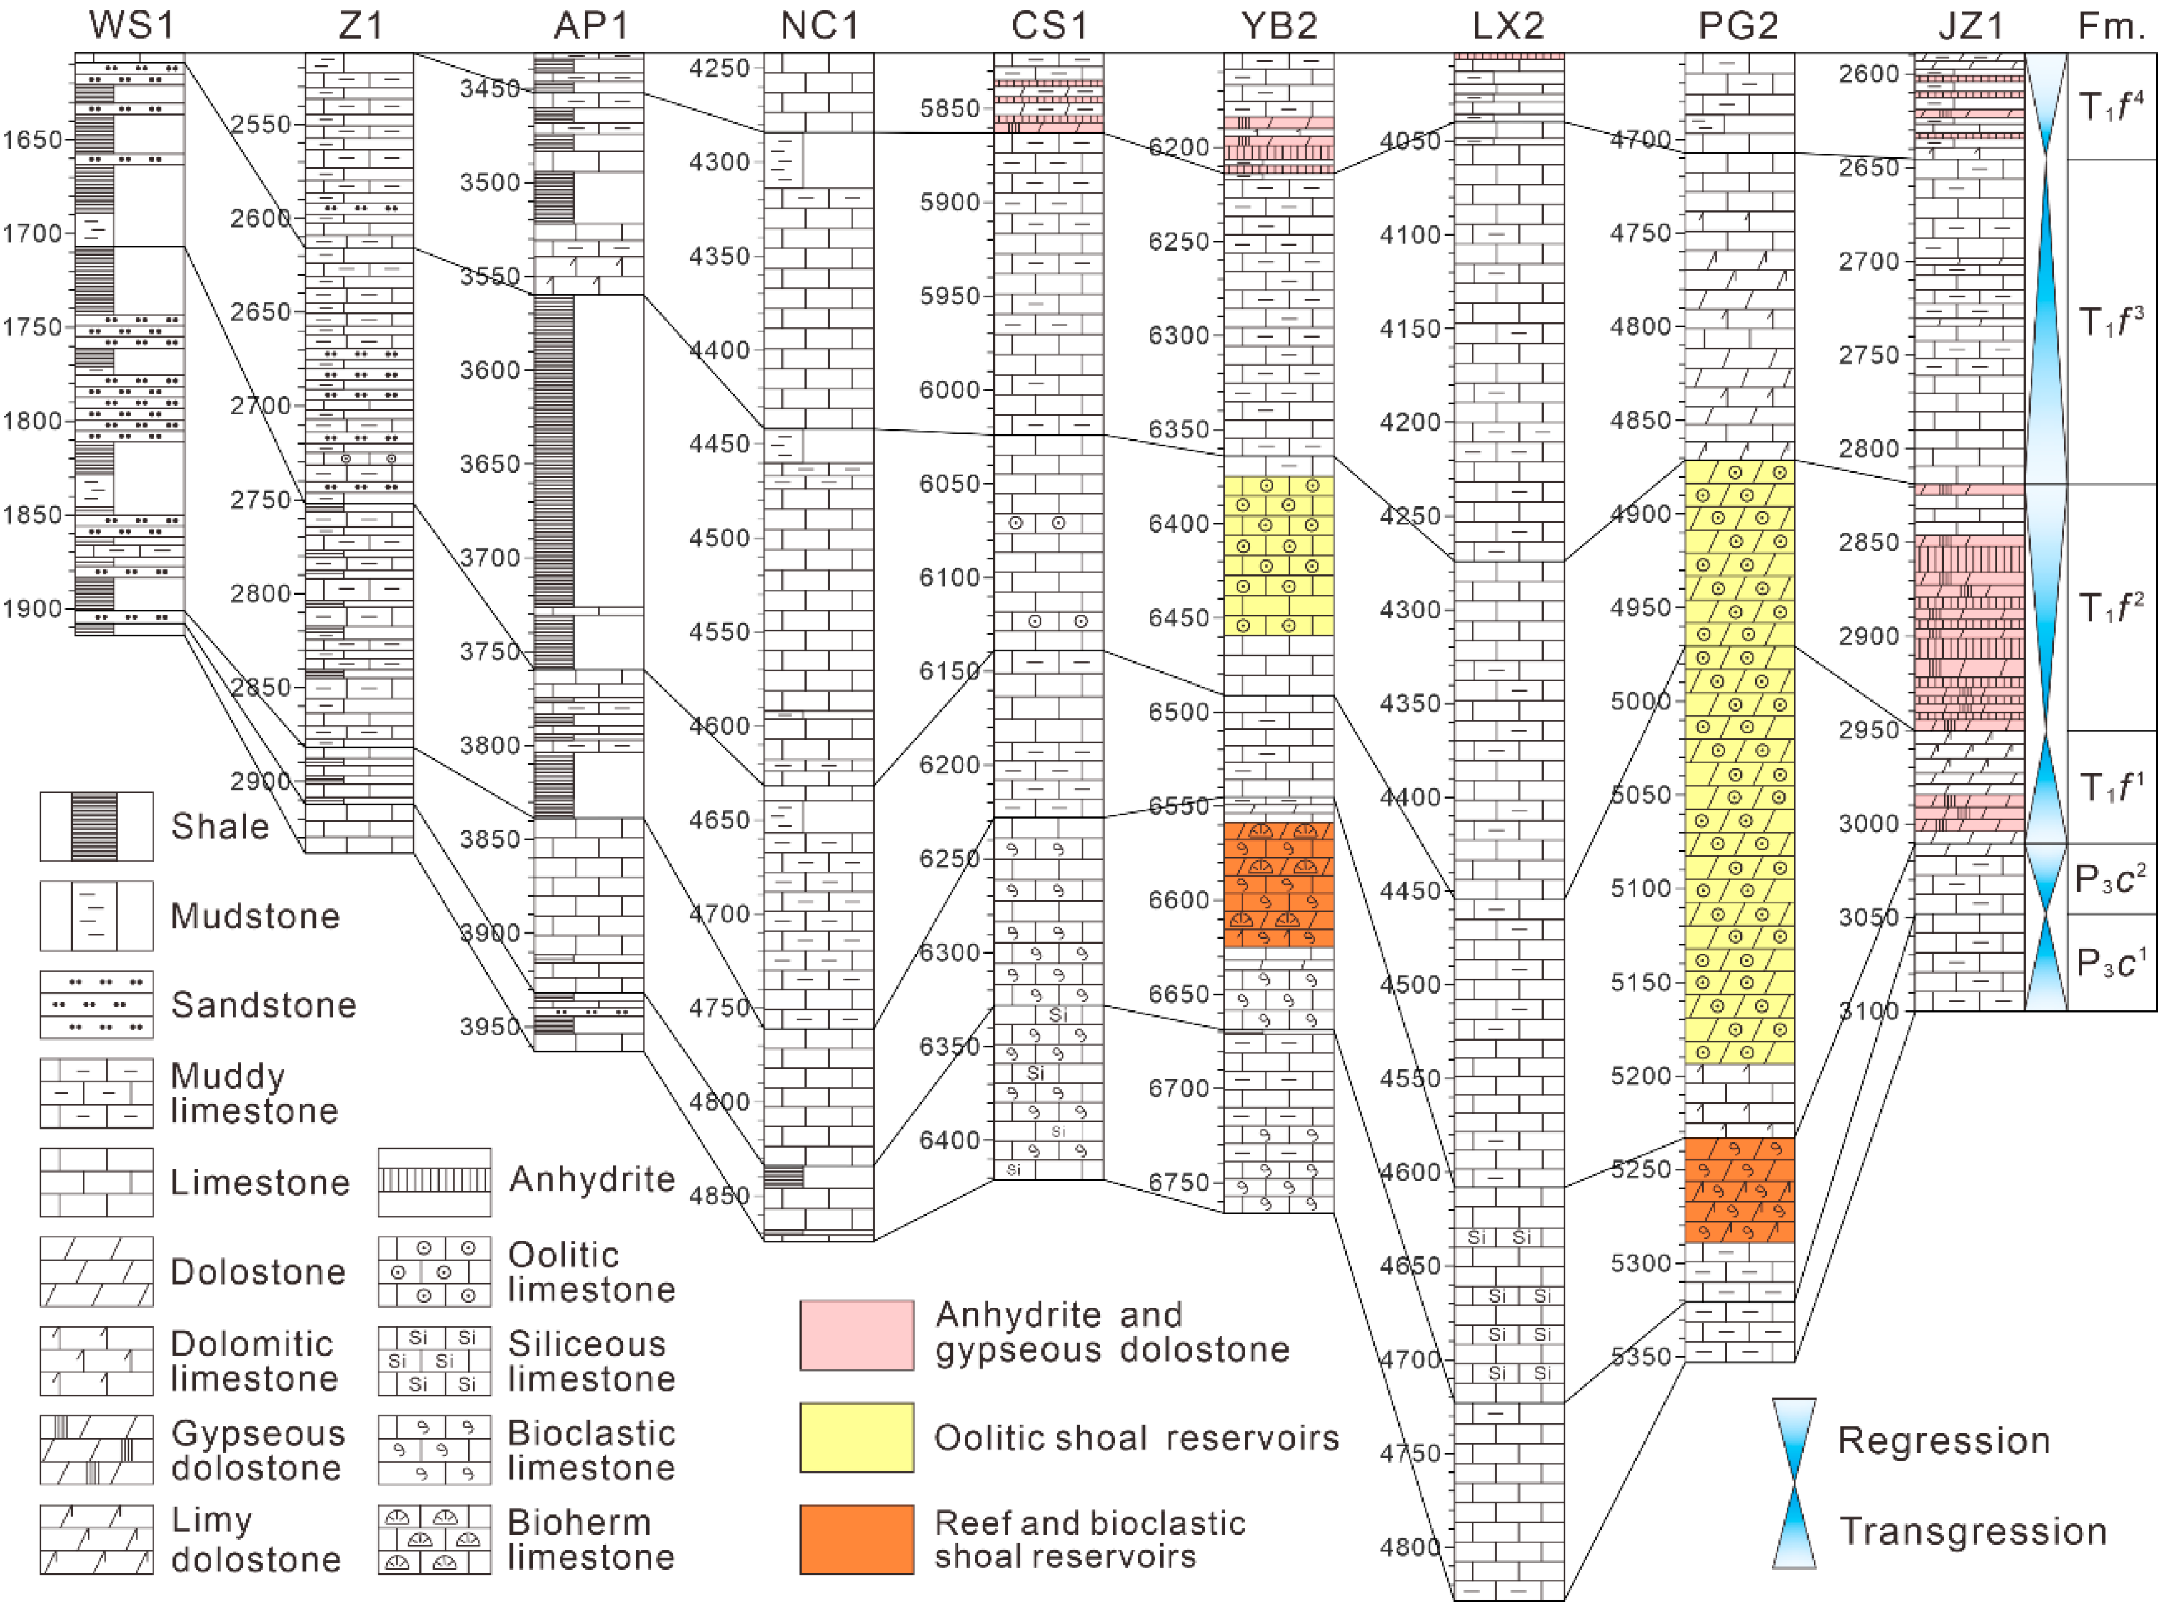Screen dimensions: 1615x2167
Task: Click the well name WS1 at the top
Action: click(x=131, y=25)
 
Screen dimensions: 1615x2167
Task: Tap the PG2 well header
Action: click(x=1737, y=25)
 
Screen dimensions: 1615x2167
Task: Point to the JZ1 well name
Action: click(x=1970, y=25)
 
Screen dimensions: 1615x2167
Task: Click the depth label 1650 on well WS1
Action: click(x=32, y=140)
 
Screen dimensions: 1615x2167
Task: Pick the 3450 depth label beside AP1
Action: click(x=490, y=89)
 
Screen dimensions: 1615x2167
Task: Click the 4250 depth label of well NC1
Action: click(x=719, y=68)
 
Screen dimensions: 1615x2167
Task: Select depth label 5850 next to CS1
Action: click(x=949, y=108)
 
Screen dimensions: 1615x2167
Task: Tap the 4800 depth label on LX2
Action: click(x=1410, y=1547)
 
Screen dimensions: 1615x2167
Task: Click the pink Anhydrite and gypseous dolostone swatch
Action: click(x=857, y=1334)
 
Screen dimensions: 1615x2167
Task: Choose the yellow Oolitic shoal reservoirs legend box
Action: click(x=857, y=1437)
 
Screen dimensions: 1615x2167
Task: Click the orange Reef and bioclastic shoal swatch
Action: click(x=857, y=1539)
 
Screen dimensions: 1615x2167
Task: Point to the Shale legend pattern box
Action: click(x=96, y=826)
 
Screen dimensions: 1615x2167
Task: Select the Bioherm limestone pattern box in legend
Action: click(x=434, y=1539)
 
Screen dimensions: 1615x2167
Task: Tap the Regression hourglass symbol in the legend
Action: click(x=1794, y=1440)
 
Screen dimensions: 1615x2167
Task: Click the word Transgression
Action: click(x=1972, y=1531)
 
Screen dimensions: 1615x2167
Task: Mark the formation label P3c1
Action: click(x=2110, y=963)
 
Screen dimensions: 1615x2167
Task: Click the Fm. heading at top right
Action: click(x=2110, y=25)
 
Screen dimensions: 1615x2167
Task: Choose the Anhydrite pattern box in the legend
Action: click(x=434, y=1181)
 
